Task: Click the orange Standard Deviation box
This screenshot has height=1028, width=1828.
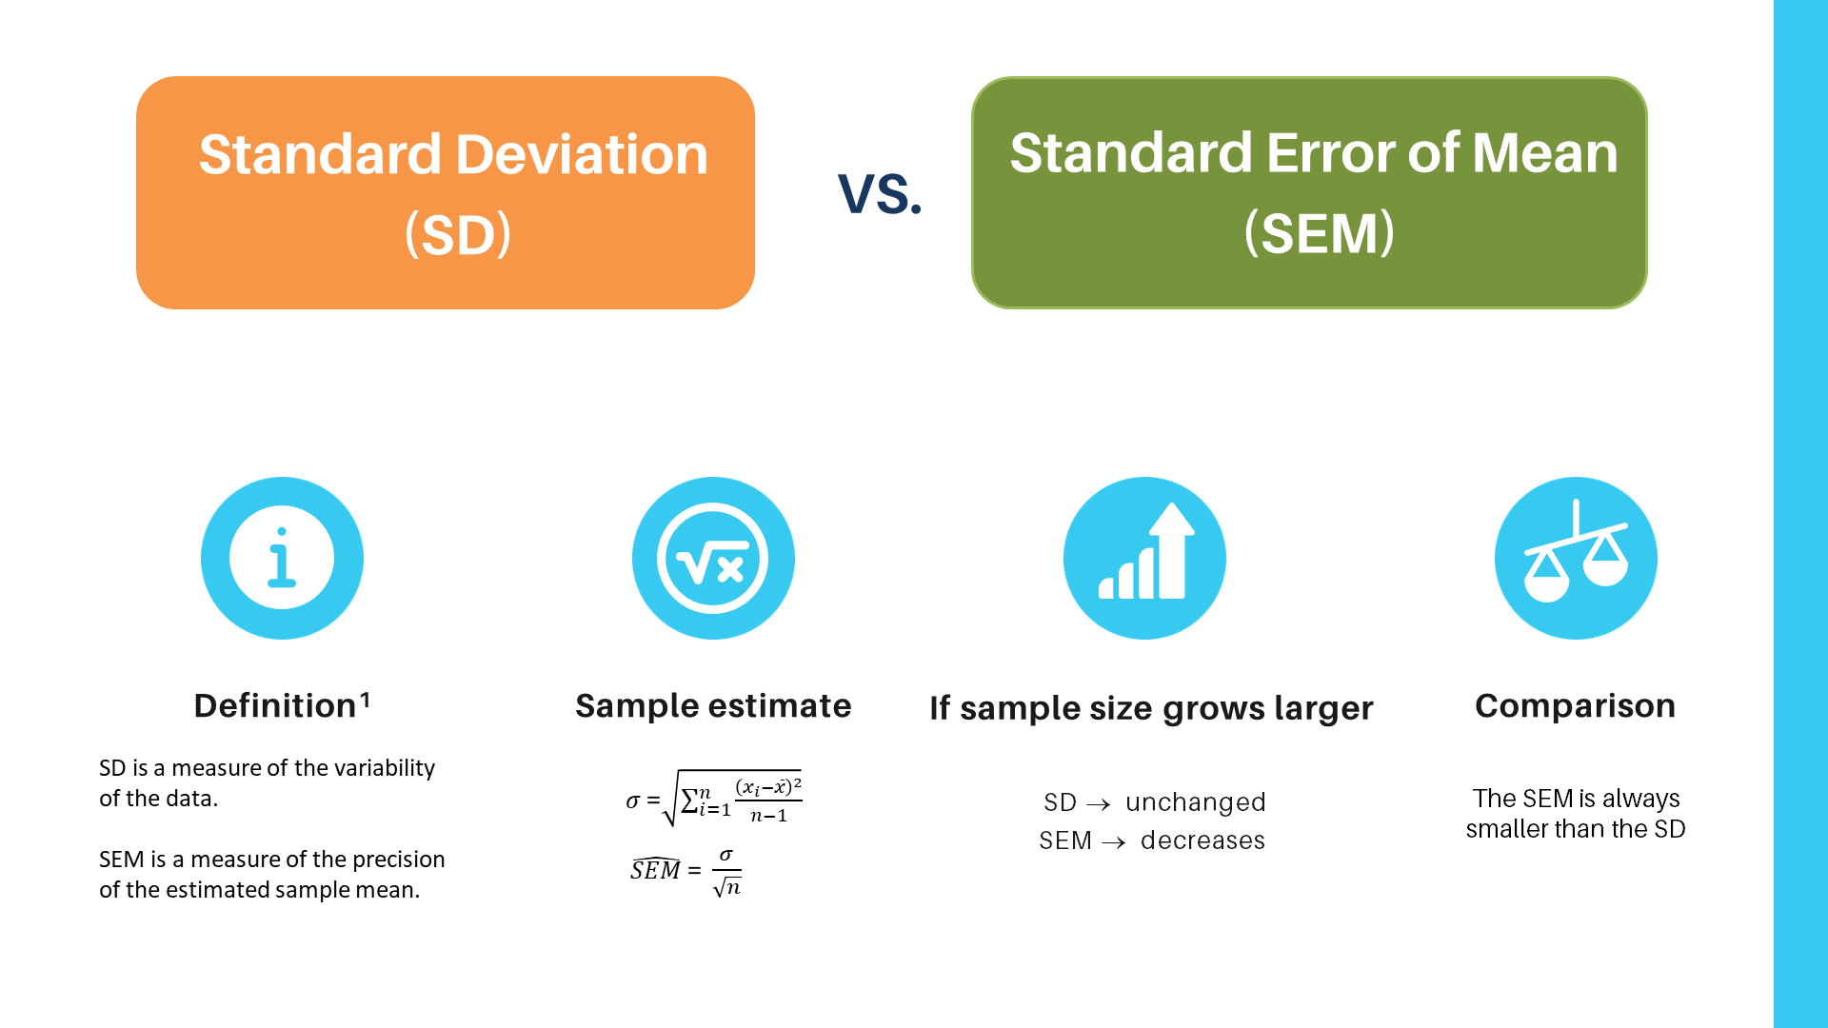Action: (445, 192)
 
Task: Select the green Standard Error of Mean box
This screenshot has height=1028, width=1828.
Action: (1309, 192)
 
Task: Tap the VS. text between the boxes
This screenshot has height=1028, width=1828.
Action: (880, 193)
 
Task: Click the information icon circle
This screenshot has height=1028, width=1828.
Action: (282, 558)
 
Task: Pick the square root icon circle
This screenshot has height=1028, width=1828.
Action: (713, 558)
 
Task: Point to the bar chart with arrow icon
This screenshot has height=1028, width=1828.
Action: (1144, 558)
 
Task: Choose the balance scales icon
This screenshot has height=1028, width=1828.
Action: (1576, 558)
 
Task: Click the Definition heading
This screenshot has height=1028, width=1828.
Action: (274, 706)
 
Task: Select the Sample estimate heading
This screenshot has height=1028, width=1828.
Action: (713, 706)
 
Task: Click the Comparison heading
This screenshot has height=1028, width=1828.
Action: (1575, 706)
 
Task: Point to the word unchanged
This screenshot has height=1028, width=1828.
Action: (1195, 802)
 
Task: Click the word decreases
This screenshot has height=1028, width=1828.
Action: (1202, 840)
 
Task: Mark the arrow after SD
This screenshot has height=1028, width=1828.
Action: (1099, 804)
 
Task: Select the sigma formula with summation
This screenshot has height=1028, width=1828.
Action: (714, 799)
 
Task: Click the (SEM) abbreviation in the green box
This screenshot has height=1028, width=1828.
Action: (1320, 233)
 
